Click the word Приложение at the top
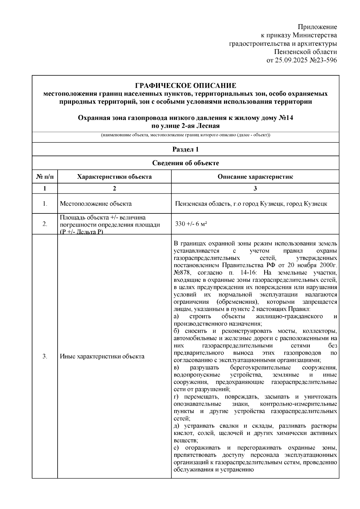pyautogui.click(x=317, y=27)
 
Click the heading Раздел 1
pyautogui.click(x=185, y=149)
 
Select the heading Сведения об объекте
pyautogui.click(x=185, y=163)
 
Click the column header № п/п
pyautogui.click(x=45, y=177)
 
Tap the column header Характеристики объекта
pyautogui.click(x=114, y=177)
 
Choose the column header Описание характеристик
pyautogui.click(x=255, y=177)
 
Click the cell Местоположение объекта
pyautogui.click(x=96, y=204)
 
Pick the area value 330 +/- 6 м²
pyautogui.click(x=191, y=224)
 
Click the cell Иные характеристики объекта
pyautogui.click(x=102, y=356)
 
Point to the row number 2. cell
pyautogui.click(x=45, y=224)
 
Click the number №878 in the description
pyautogui.click(x=181, y=273)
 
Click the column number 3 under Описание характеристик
pyautogui.click(x=255, y=188)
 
